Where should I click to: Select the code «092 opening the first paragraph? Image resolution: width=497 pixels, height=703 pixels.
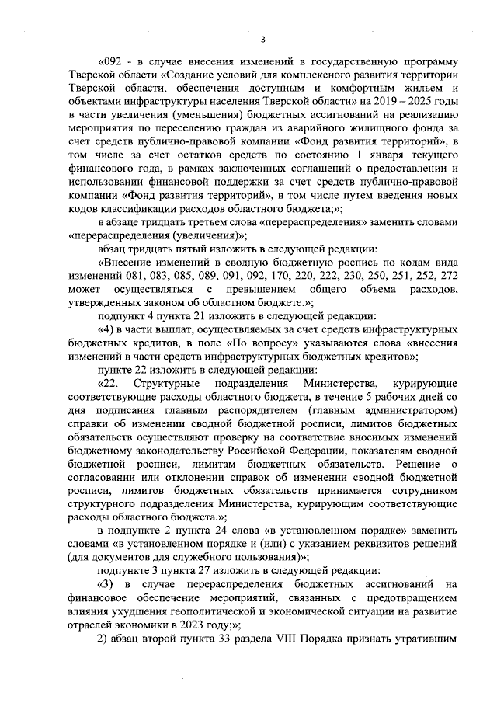[x=112, y=61]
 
